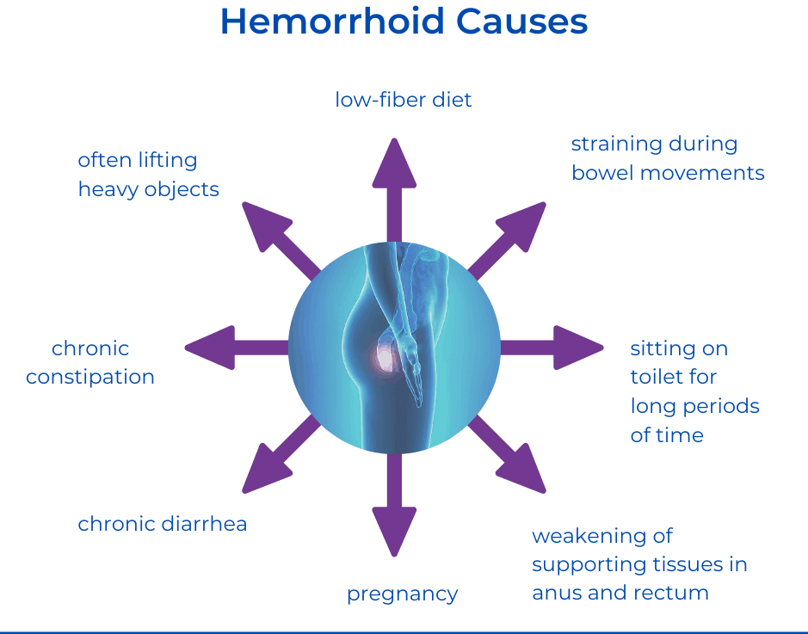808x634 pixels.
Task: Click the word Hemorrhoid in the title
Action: click(332, 22)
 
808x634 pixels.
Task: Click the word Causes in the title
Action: click(522, 22)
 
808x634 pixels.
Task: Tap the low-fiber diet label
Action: click(403, 100)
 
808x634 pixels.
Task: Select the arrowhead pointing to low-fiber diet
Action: click(394, 163)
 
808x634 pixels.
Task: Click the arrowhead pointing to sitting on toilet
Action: click(578, 348)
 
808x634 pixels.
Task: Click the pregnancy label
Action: click(402, 595)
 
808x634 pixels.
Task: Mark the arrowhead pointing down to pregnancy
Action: click(394, 532)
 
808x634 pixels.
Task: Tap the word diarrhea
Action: click(204, 524)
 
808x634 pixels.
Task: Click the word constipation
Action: click(90, 378)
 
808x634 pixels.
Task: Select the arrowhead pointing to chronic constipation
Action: click(210, 348)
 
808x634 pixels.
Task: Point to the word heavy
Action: click(108, 190)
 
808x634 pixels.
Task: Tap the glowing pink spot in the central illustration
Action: click(385, 357)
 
